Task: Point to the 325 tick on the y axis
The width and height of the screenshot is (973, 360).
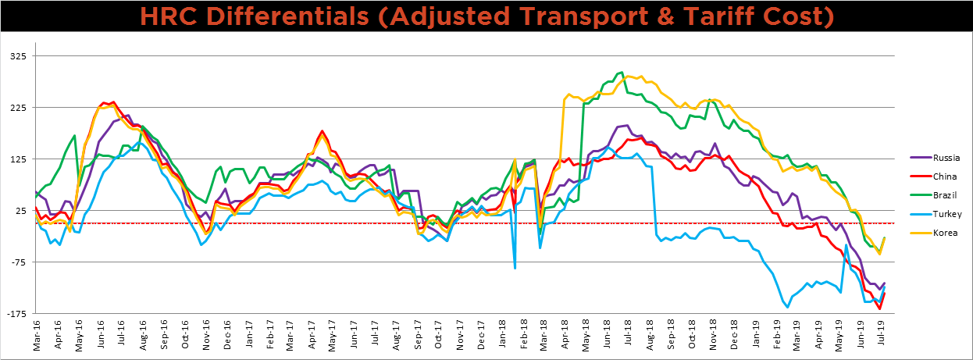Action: click(16, 56)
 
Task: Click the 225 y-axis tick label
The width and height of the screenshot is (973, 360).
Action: click(16, 108)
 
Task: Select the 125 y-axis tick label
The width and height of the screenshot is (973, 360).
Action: click(16, 159)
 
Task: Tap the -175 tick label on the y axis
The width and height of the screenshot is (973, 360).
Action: click(15, 314)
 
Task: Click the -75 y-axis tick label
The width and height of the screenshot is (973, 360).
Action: click(16, 262)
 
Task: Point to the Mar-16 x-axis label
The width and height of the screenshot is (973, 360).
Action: click(36, 337)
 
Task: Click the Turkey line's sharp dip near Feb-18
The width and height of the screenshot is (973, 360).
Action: click(515, 268)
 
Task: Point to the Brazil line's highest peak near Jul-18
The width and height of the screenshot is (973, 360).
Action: click(621, 73)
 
